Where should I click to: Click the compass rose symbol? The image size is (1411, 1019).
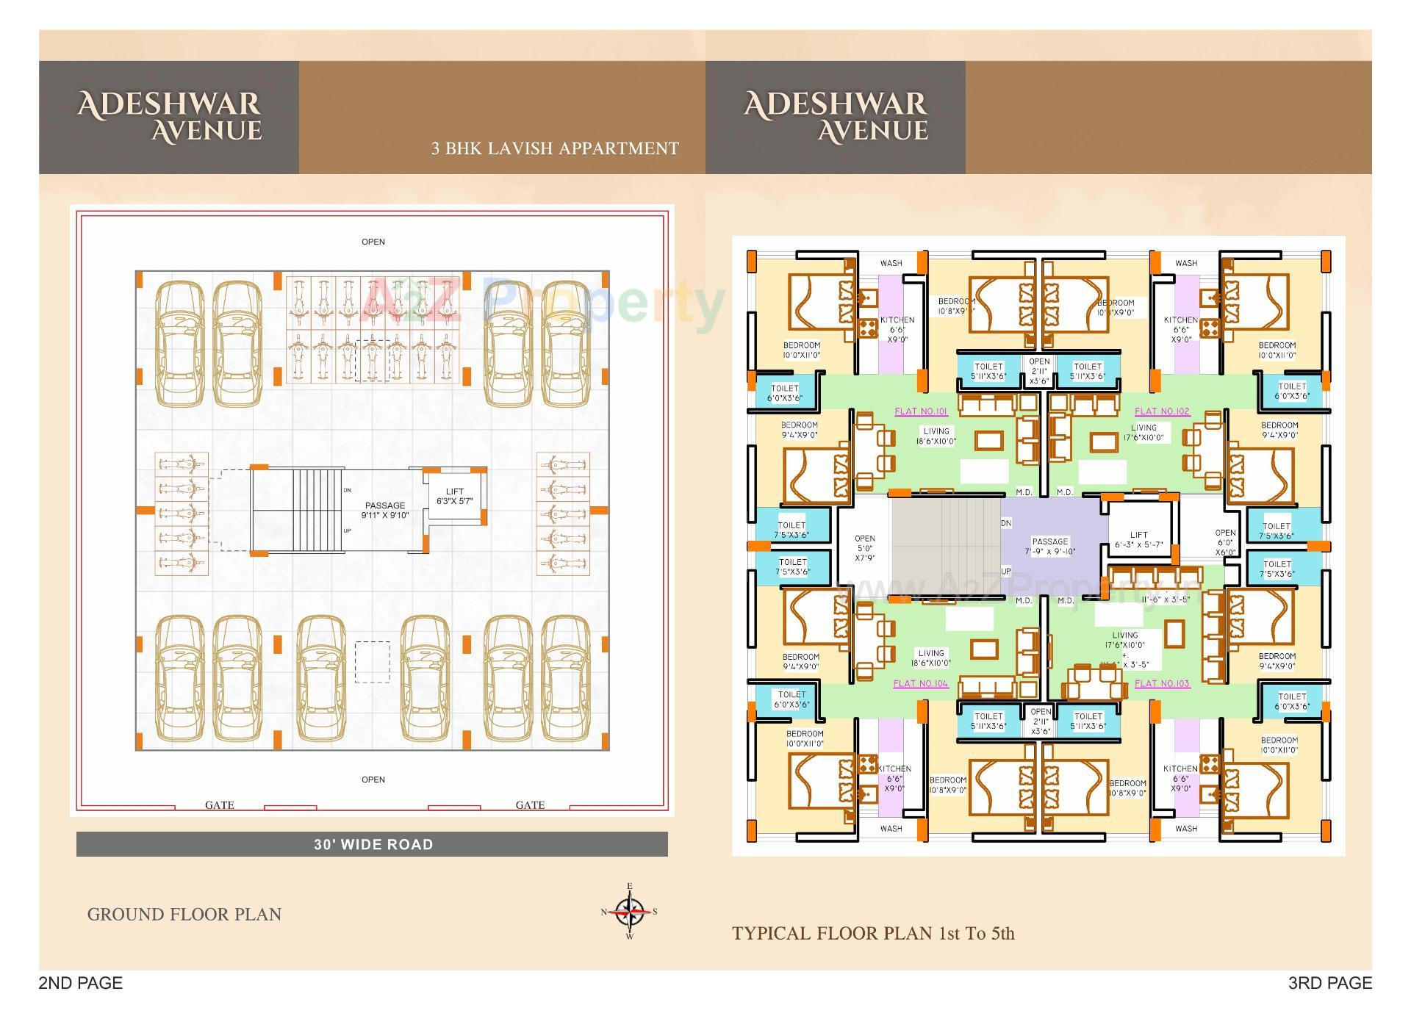(x=629, y=912)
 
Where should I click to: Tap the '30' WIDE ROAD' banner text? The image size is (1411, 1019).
(x=373, y=845)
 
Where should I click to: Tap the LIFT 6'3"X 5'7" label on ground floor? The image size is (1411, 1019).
(x=454, y=497)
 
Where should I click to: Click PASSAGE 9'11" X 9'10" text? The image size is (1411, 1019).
(x=384, y=510)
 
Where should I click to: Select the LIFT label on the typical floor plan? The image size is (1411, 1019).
(x=1138, y=540)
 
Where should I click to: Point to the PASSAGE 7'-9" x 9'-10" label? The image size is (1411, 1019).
(x=1049, y=547)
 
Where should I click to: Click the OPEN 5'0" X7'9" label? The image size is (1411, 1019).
(x=864, y=548)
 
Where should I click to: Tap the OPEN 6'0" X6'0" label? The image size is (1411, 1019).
(x=1225, y=542)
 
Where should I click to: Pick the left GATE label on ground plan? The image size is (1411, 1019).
(x=219, y=805)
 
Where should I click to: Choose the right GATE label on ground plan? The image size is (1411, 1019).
(x=530, y=805)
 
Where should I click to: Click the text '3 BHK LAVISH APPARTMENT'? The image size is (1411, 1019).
(x=555, y=148)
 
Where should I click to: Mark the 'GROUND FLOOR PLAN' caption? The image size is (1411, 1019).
(x=184, y=915)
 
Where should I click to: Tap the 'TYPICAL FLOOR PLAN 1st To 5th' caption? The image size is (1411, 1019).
(x=873, y=934)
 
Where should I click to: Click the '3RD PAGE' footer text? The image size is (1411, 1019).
(x=1329, y=983)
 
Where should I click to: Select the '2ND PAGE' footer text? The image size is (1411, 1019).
(x=81, y=983)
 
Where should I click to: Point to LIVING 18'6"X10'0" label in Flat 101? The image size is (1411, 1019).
(x=936, y=436)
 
